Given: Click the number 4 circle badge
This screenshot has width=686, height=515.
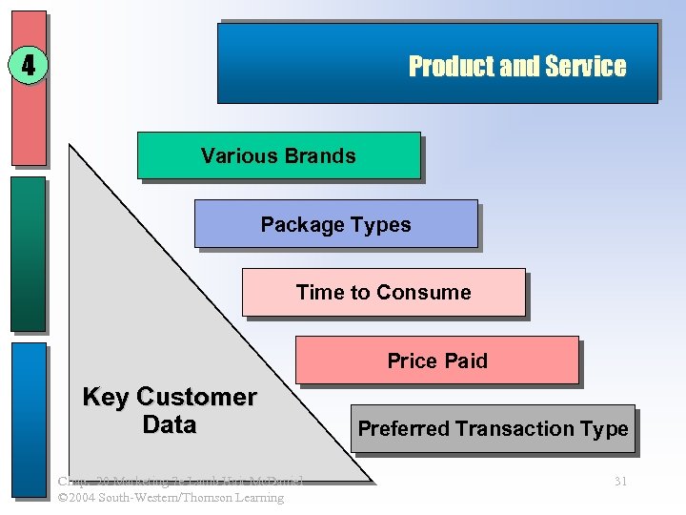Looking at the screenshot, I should pyautogui.click(x=28, y=66).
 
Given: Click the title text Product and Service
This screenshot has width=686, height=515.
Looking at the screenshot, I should pyautogui.click(x=516, y=66).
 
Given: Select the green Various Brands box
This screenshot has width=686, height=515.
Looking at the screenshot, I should pyautogui.click(x=278, y=155).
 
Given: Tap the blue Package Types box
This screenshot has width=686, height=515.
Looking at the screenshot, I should pyautogui.click(x=335, y=224).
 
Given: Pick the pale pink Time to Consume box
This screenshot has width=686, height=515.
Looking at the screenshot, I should pyautogui.click(x=383, y=292).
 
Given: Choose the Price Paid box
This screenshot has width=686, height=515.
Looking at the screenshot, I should pyautogui.click(x=436, y=360).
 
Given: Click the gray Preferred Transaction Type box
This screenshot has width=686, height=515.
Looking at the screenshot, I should pyautogui.click(x=493, y=428).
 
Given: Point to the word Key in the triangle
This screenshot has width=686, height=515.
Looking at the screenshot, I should pyautogui.click(x=106, y=397).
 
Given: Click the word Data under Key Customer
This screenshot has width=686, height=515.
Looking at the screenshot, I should pyautogui.click(x=169, y=424).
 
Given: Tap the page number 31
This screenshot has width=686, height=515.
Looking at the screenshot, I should pyautogui.click(x=620, y=482).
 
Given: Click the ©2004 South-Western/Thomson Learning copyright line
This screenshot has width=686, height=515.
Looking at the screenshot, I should pyautogui.click(x=171, y=498).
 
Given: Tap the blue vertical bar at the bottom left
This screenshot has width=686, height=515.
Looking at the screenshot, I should pyautogui.click(x=29, y=420).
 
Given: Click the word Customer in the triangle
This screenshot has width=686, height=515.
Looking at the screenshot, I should pyautogui.click(x=196, y=397).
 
